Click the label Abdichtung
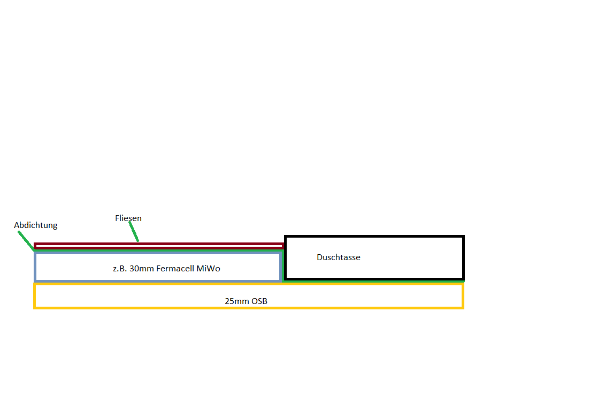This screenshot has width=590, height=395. [x=35, y=225]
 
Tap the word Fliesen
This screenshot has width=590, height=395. [x=128, y=218]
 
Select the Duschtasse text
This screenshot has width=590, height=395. [x=339, y=257]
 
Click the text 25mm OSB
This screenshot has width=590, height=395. [x=246, y=301]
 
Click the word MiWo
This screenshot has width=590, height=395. [x=208, y=269]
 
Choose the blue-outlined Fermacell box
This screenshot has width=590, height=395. [x=80, y=267]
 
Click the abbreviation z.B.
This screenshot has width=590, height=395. [x=120, y=269]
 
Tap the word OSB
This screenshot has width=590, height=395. [x=259, y=301]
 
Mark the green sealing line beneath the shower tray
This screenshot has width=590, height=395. [x=374, y=281]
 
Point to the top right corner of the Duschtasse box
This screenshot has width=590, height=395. [x=463, y=237]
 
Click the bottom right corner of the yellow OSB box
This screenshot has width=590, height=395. [x=463, y=307]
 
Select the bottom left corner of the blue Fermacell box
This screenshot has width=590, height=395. [x=36, y=280]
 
